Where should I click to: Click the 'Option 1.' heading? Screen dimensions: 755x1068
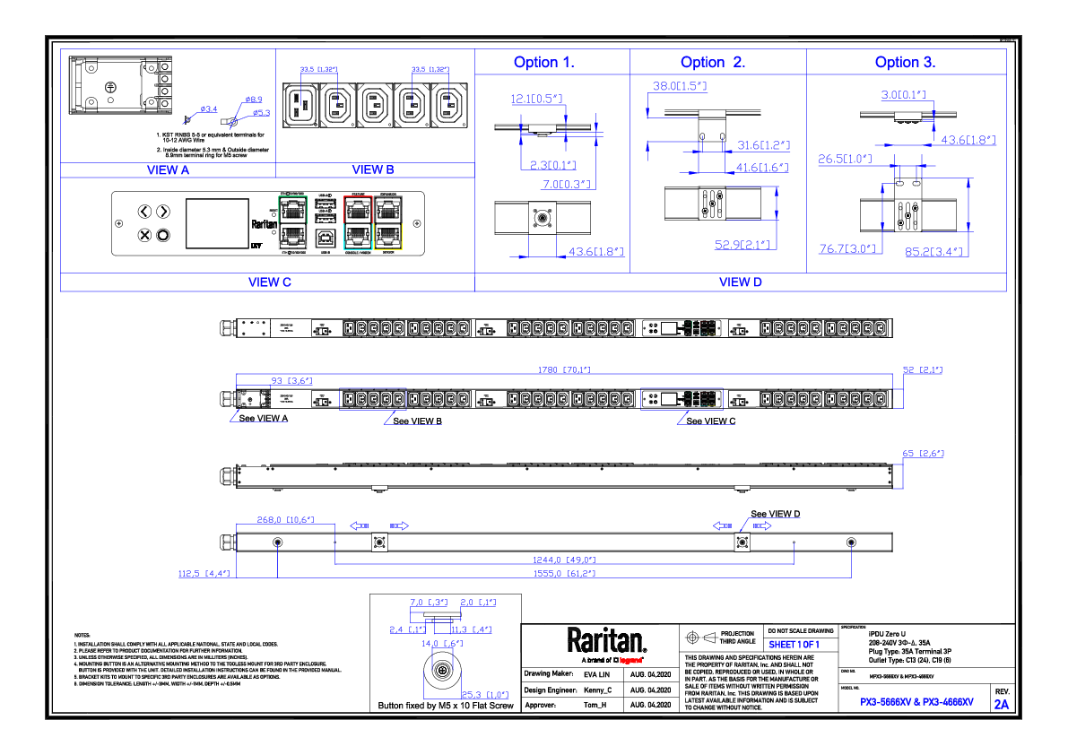543,62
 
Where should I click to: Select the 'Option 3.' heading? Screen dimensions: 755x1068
905,62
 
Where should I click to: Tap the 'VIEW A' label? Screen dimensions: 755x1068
168,169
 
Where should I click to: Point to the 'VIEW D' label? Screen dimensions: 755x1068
740,282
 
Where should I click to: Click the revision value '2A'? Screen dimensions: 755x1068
1001,705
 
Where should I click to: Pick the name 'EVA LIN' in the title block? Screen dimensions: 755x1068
596,673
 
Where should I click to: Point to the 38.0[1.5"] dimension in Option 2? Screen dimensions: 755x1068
679,86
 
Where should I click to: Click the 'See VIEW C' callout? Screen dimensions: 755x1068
710,421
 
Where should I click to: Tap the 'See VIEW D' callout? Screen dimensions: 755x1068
776,514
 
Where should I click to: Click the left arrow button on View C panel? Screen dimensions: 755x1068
144,212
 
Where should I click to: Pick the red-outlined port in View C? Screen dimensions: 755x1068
358,212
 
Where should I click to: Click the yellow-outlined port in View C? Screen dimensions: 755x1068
389,236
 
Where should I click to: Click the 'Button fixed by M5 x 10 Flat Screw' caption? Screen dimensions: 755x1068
446,706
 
